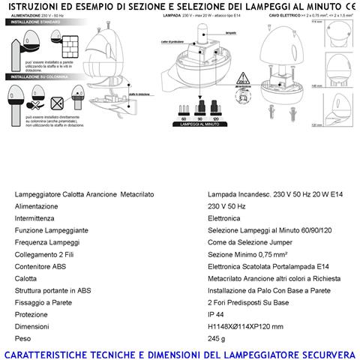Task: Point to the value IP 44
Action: coord(216,313)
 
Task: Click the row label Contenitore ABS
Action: coord(40,266)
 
